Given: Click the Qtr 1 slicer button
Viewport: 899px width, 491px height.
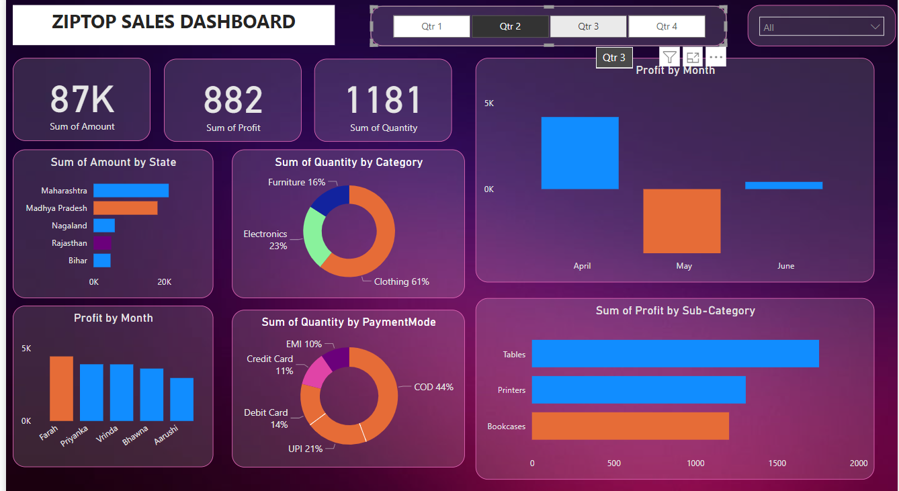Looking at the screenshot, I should tap(431, 26).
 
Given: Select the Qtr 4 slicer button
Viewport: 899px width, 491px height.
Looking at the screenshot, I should tap(667, 26).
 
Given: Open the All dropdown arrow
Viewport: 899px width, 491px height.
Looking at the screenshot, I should tap(875, 27).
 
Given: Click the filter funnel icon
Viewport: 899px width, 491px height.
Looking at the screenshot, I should tap(669, 57).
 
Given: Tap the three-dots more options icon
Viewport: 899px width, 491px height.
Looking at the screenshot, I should tap(716, 57).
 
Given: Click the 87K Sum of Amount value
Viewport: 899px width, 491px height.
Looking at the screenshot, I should tap(82, 99).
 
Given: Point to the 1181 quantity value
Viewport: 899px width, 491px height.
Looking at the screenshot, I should tap(383, 100).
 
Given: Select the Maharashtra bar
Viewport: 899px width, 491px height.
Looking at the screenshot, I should tap(131, 191).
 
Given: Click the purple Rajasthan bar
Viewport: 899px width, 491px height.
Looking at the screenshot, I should tap(102, 242).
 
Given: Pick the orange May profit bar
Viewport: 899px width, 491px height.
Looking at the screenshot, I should tap(681, 221).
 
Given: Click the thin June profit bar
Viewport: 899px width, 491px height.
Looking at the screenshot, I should tap(783, 185).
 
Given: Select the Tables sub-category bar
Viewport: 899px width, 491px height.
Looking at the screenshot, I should tap(675, 353).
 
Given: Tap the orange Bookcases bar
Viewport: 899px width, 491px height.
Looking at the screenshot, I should tap(630, 426).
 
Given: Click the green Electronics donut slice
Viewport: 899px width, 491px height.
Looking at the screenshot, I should tap(313, 236).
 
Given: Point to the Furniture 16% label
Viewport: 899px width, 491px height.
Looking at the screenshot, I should tap(296, 182).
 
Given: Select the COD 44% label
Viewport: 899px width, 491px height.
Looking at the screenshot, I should tap(433, 387).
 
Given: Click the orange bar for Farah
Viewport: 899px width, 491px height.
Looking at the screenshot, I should tap(61, 388).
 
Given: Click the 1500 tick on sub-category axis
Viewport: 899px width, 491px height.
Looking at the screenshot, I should tap(777, 463).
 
